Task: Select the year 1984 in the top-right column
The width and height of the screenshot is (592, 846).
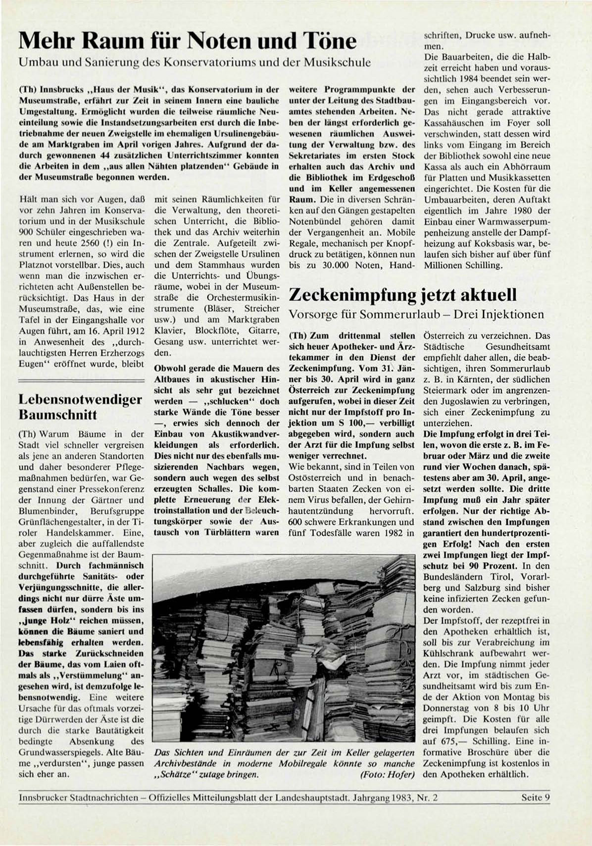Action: pos(469,79)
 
